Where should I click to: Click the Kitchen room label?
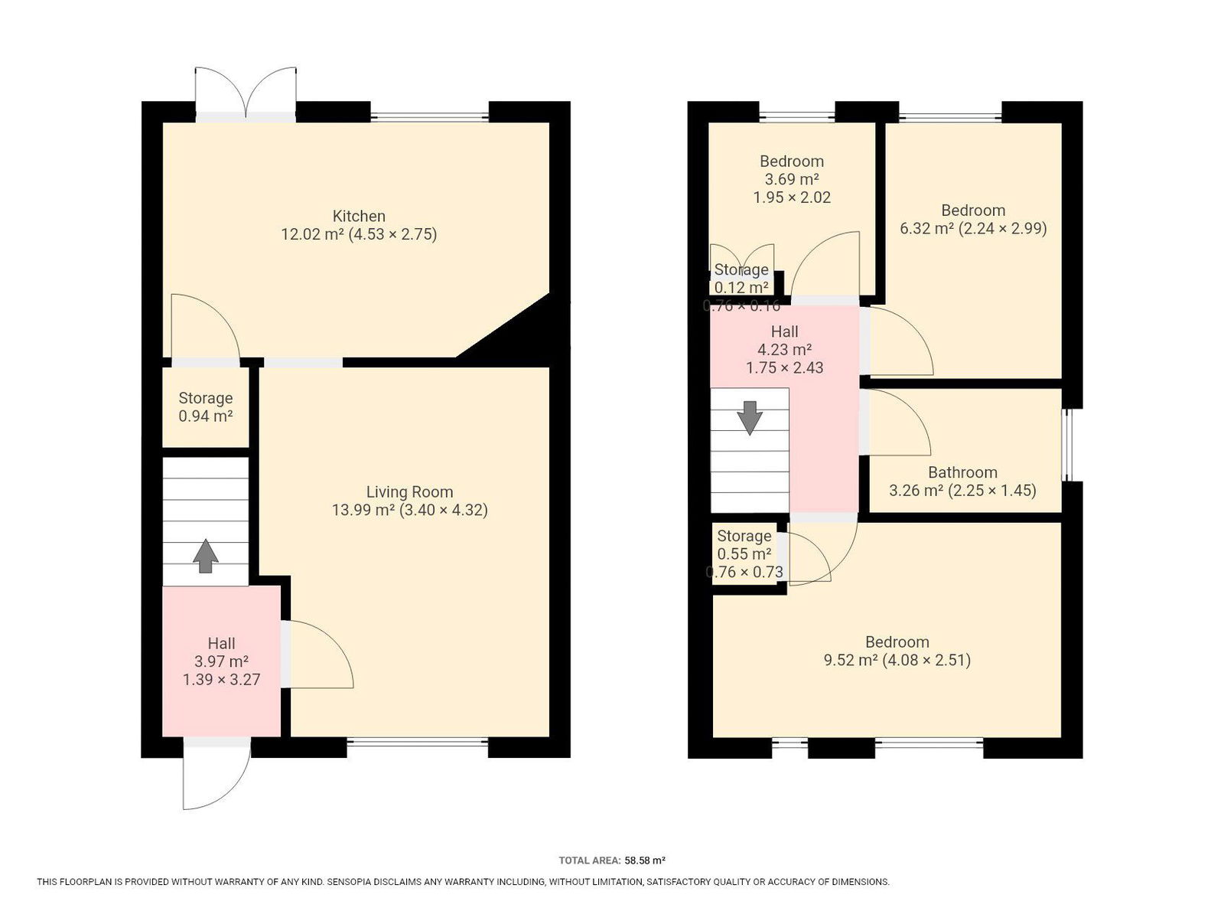(359, 216)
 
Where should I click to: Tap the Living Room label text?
(409, 491)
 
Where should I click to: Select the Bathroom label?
(962, 472)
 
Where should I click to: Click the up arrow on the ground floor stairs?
(206, 555)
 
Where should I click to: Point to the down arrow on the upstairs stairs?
(750, 418)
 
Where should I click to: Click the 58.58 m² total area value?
(645, 860)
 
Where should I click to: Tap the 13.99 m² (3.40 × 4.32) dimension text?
(410, 510)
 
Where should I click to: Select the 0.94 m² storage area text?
(205, 416)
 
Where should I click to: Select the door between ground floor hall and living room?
(317, 654)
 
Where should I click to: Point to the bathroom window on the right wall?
(1066, 446)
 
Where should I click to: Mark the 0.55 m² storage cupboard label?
(744, 554)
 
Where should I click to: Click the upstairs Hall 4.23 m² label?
(784, 349)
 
